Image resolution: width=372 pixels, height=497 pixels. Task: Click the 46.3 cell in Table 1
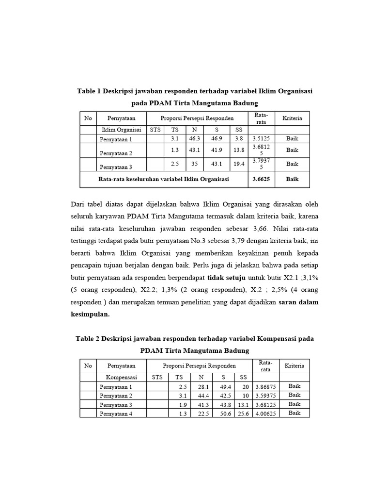194,139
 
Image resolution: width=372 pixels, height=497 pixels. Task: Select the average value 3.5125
261,139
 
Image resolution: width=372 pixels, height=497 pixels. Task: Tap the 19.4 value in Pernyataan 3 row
239,164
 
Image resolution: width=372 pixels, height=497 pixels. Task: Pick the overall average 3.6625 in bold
261,179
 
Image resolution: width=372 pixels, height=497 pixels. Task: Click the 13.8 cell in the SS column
239,150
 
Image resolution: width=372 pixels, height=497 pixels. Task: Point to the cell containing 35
195,164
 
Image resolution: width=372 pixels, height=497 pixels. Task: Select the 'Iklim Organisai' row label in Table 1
121,130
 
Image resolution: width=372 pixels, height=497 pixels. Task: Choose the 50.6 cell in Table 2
220,414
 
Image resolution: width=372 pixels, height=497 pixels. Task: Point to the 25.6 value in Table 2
242,414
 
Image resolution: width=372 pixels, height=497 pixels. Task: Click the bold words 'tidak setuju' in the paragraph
227,279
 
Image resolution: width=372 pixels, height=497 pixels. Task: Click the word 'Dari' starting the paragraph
78,204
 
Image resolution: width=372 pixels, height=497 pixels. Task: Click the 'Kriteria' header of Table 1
292,118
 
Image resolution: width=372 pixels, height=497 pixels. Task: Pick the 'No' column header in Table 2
88,365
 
